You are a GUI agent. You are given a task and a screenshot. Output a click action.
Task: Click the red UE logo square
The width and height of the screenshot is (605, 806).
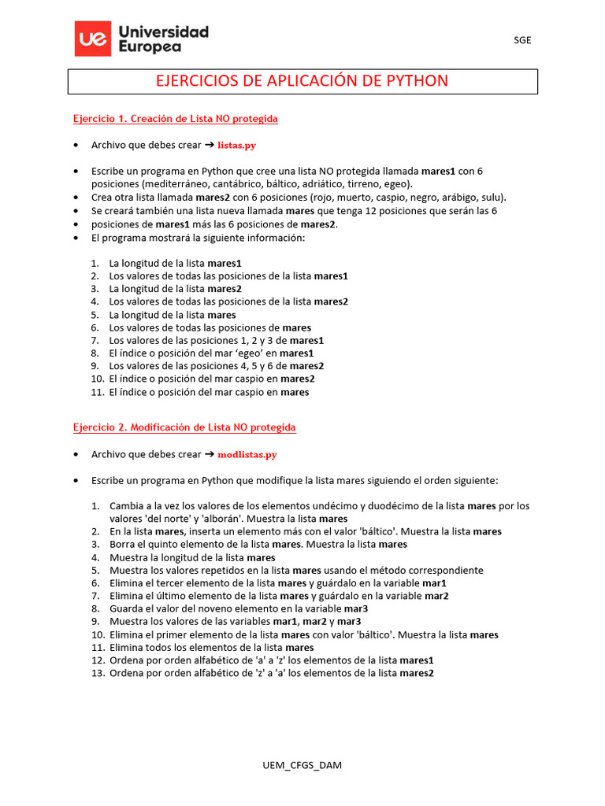click(93, 39)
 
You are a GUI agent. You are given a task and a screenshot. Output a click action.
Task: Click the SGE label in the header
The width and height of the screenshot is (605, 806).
click(522, 40)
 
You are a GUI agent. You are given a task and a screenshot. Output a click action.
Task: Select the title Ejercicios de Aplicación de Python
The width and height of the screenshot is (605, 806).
click(302, 81)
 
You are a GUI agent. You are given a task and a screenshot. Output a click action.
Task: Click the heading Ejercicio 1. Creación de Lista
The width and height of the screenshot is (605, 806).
click(175, 119)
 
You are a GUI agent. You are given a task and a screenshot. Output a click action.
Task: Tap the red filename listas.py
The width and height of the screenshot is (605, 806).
click(236, 146)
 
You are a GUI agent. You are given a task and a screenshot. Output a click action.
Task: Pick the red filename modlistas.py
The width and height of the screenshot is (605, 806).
click(247, 454)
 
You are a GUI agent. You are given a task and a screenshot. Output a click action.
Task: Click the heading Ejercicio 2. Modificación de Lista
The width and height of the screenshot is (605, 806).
click(184, 427)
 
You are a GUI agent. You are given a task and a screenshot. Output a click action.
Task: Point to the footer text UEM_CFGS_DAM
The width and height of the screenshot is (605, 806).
click(302, 765)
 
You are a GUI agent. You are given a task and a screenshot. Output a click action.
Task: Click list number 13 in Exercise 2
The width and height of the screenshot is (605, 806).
click(98, 674)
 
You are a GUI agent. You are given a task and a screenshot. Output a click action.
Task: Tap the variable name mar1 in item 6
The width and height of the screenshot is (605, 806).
click(434, 583)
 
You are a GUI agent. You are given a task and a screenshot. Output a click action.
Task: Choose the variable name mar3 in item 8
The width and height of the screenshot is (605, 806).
click(356, 609)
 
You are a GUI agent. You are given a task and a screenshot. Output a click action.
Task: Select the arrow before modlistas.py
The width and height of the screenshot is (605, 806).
click(210, 454)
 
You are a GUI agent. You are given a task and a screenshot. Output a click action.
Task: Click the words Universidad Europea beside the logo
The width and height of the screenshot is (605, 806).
click(163, 39)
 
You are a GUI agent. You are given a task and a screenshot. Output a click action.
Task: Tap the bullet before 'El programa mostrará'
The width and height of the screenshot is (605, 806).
click(75, 237)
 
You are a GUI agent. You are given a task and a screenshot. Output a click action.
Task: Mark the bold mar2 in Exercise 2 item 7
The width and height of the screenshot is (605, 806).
click(436, 597)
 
